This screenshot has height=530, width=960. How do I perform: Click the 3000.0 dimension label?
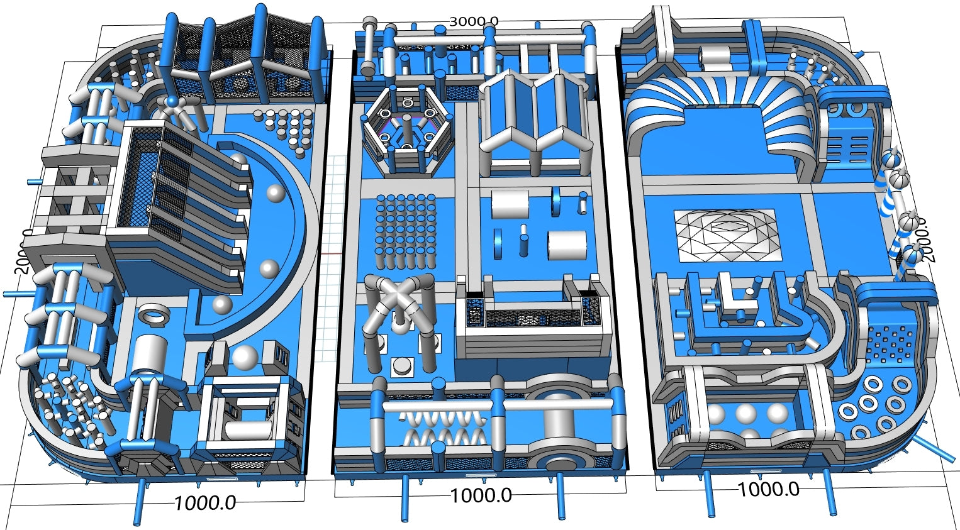click(474, 21)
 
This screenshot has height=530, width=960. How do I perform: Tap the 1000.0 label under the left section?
click(205, 502)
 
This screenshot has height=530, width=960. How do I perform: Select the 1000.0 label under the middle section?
click(481, 495)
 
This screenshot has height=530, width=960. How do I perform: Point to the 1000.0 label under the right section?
click(768, 489)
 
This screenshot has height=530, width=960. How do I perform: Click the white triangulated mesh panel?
click(725, 235)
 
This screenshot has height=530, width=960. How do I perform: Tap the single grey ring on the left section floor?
click(153, 312)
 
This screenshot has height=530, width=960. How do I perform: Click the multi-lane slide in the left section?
click(189, 201)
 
